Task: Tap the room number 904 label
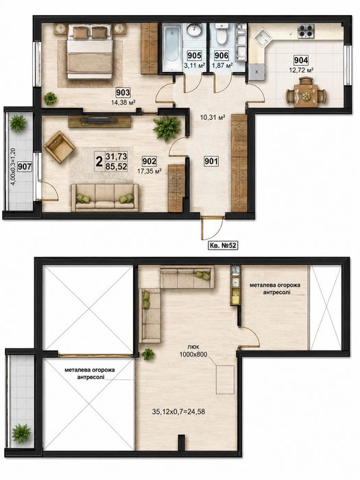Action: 300,60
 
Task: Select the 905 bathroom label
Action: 194,56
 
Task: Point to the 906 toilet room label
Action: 221,56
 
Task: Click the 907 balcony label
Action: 24,167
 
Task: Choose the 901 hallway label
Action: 211,161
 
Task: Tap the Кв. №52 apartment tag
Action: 223,245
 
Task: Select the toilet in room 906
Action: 220,35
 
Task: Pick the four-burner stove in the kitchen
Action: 306,31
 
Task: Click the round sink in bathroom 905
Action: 194,31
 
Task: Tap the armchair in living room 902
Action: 60,147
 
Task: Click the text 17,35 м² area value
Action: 149,171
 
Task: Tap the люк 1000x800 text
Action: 194,351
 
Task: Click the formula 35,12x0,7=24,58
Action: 178,411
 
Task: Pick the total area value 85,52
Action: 116,167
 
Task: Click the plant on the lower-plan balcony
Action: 21,433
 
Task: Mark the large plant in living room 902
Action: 167,129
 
